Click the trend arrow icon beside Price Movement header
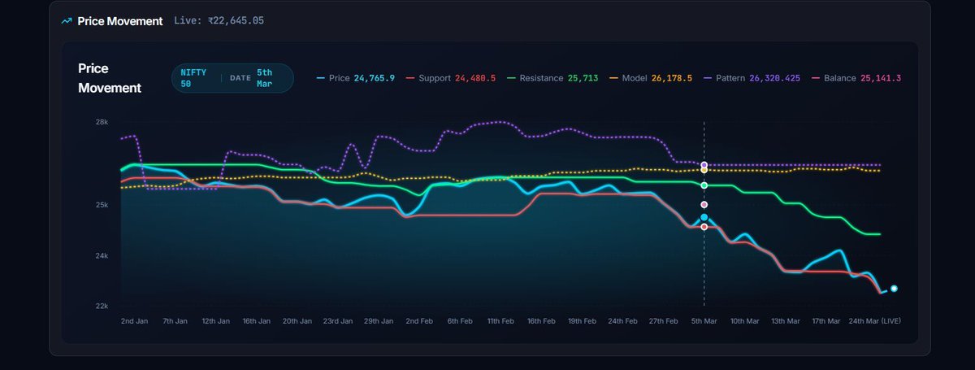(67, 20)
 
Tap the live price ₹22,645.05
(219, 20)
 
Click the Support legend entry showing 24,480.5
(450, 78)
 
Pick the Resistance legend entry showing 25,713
(552, 78)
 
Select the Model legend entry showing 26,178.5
(651, 78)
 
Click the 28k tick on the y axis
(102, 122)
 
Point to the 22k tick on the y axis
(102, 306)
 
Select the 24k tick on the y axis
(102, 256)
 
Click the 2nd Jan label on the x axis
(134, 321)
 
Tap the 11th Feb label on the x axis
(500, 321)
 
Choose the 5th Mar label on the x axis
(704, 321)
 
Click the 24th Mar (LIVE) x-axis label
(874, 321)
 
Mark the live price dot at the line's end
(894, 288)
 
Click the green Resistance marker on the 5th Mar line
(704, 185)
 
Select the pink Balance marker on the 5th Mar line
(704, 205)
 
